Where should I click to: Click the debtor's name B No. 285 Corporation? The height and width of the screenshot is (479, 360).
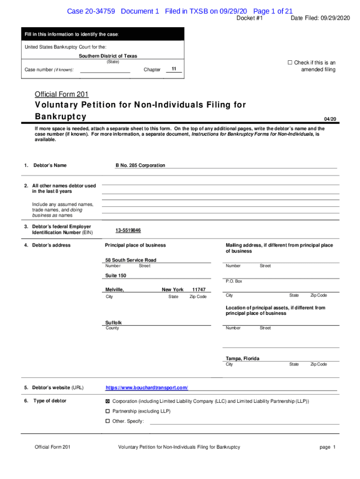(140, 165)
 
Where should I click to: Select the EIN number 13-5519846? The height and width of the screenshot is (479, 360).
(128, 231)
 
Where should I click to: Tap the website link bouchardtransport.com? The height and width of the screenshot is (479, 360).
(147, 388)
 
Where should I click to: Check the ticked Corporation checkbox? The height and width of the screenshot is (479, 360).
(108, 401)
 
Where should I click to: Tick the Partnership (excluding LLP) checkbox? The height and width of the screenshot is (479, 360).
(108, 411)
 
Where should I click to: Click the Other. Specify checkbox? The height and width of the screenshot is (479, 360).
(108, 421)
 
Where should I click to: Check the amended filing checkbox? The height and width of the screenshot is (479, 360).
(289, 63)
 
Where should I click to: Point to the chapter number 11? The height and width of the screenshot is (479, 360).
(173, 69)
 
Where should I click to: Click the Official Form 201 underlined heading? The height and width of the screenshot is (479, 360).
(62, 94)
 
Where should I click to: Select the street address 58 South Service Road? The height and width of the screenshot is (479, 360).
(131, 260)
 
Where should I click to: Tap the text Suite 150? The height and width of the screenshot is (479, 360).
(115, 276)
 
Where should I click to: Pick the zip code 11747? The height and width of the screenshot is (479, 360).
(199, 290)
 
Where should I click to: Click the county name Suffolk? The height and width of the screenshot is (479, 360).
(114, 323)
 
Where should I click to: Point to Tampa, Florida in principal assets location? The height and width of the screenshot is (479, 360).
(242, 358)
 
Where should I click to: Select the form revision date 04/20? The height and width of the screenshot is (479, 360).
(330, 119)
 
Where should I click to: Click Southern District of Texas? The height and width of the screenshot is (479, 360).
(108, 56)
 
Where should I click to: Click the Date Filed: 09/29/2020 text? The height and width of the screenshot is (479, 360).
(320, 18)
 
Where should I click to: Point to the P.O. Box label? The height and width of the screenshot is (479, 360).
(234, 281)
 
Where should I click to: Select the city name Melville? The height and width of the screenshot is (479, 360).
(115, 290)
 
